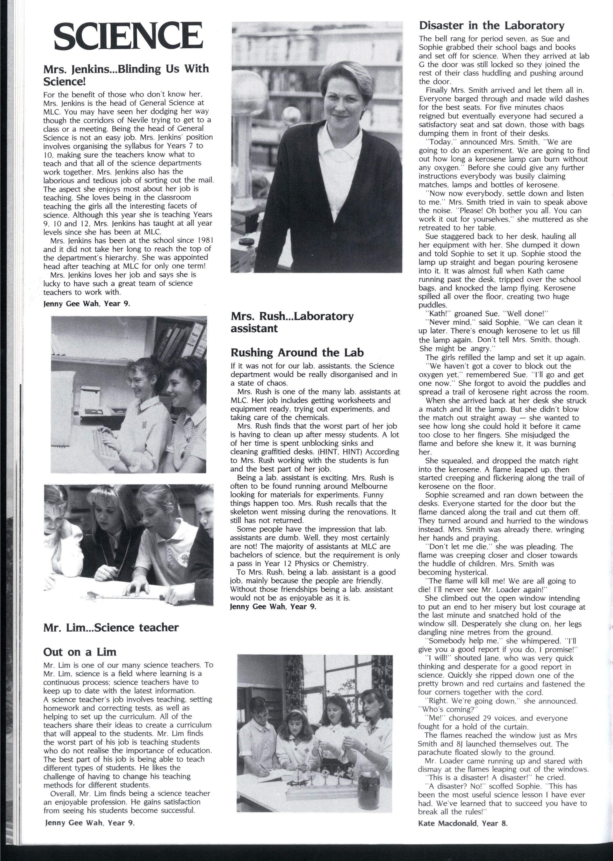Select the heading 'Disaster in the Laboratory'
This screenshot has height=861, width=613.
coord(491,26)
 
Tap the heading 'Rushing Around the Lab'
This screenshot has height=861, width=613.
coord(297,352)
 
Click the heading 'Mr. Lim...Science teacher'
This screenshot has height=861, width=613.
coord(111,627)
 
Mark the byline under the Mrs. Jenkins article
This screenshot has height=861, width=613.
coord(87,303)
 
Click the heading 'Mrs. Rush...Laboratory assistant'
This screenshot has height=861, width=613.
coord(292,322)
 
